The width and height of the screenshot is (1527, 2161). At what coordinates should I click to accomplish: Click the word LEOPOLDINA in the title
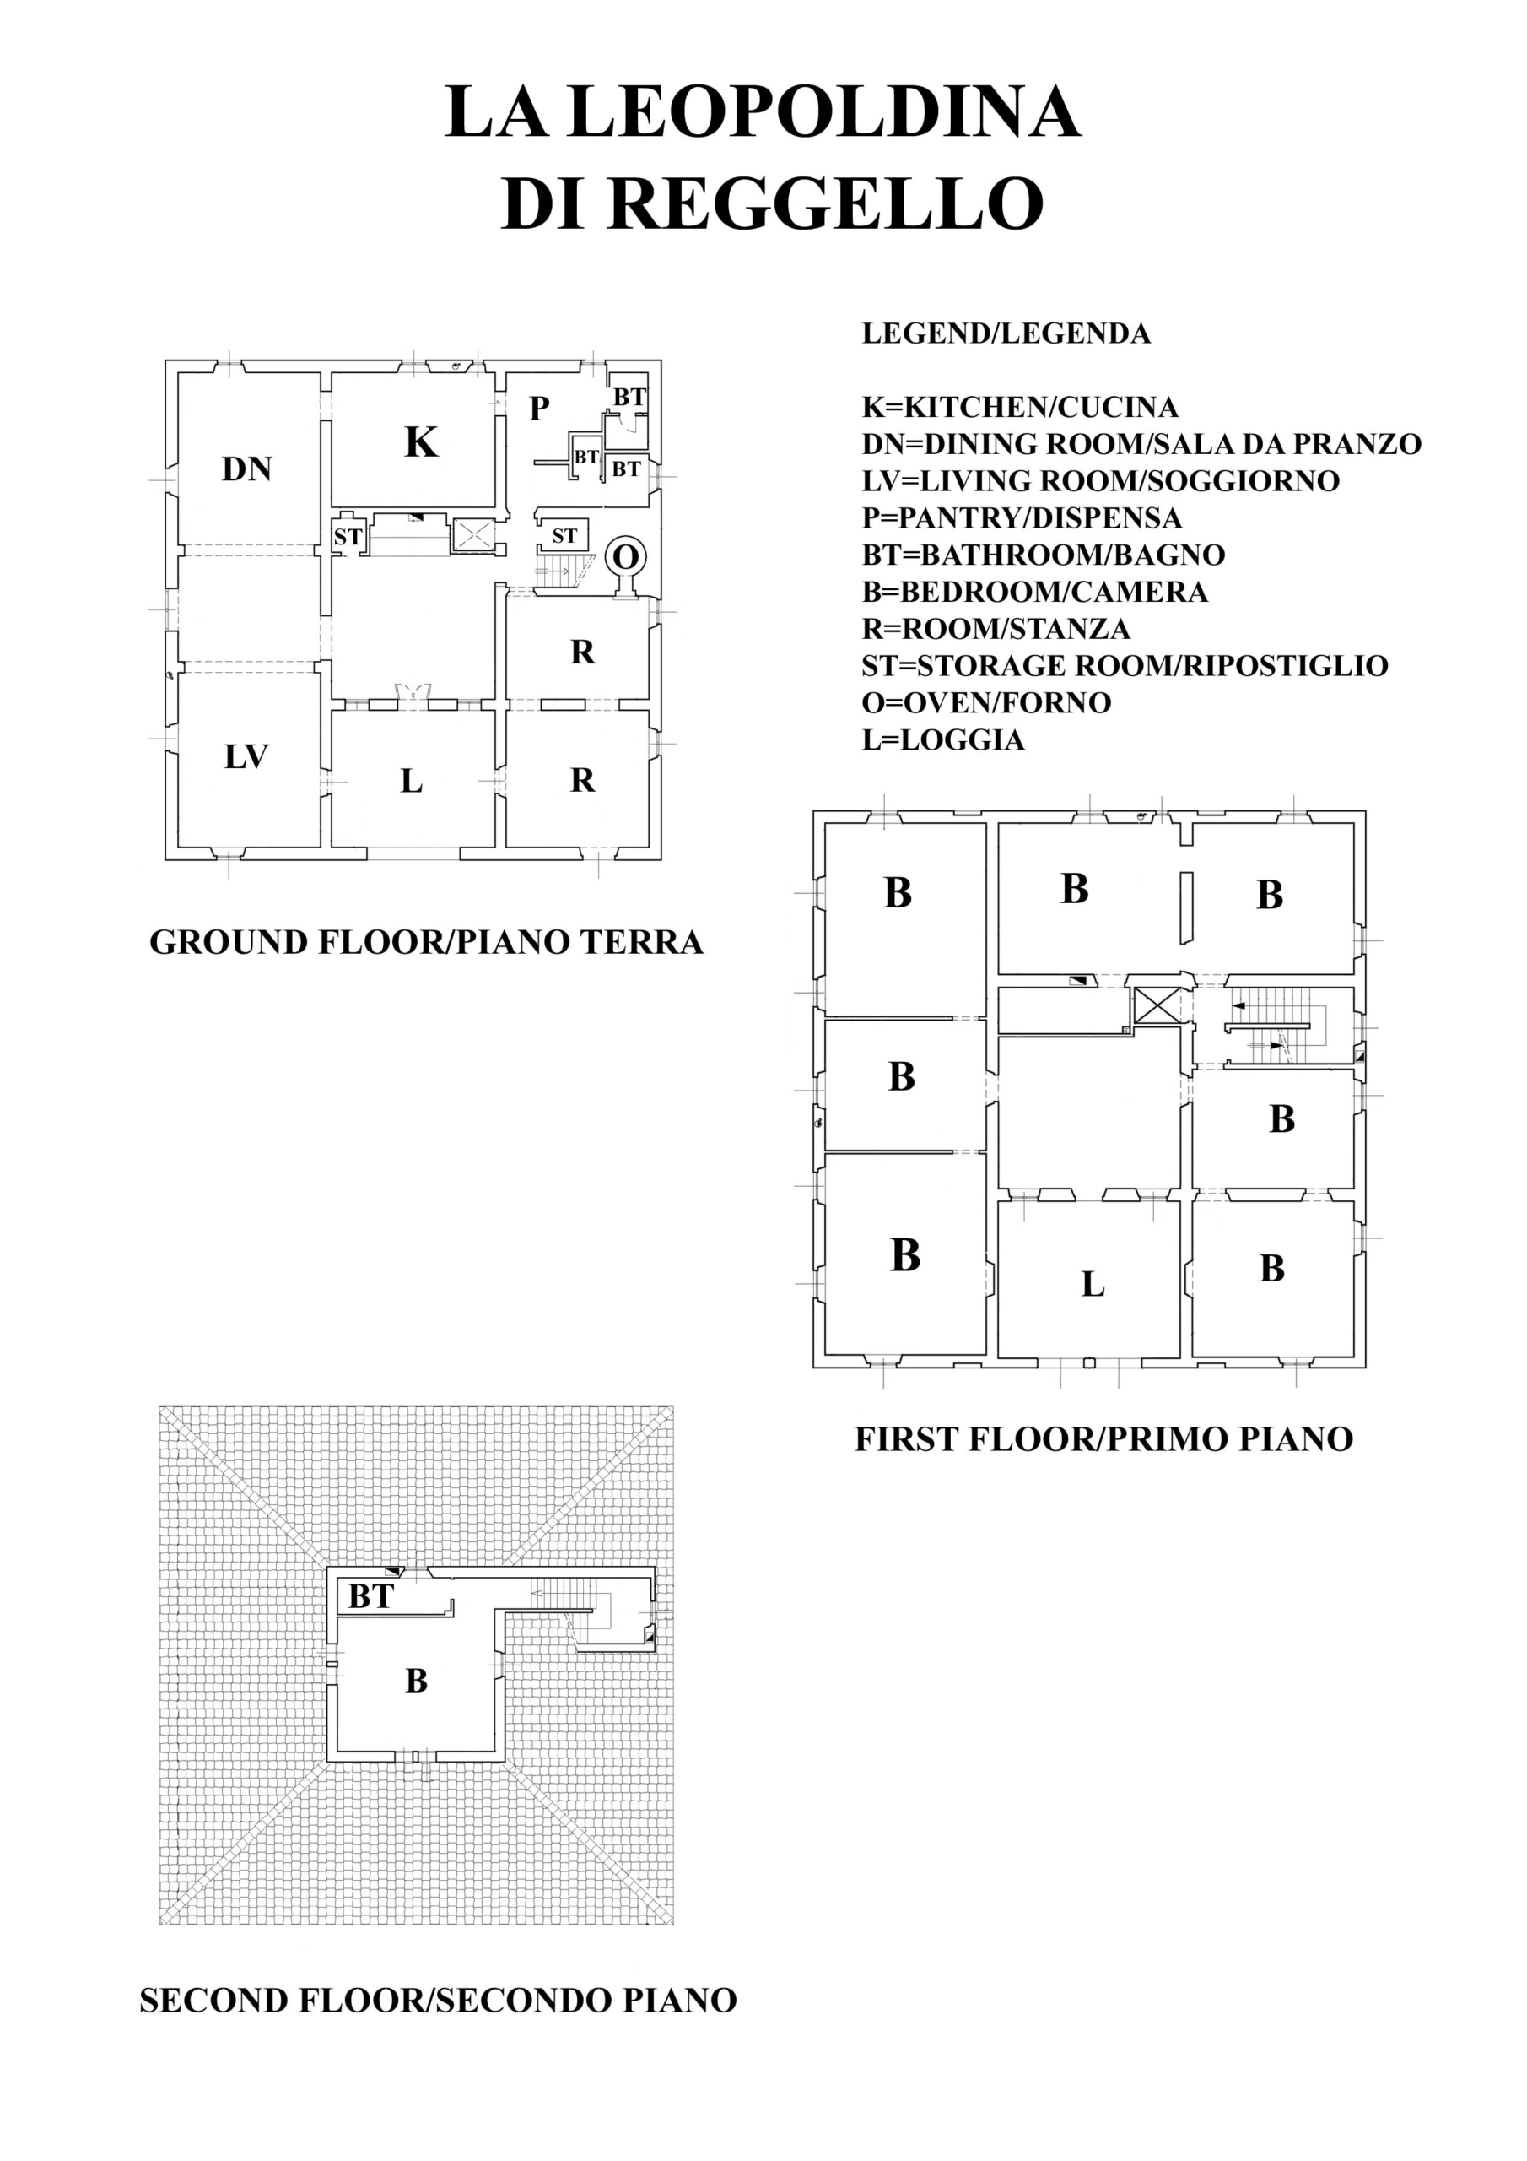pos(825,112)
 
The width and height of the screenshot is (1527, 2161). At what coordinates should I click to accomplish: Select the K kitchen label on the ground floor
pos(421,441)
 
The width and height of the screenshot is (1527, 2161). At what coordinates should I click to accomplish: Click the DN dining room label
pos(246,468)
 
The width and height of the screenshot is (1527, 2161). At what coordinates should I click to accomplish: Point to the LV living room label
pos(246,756)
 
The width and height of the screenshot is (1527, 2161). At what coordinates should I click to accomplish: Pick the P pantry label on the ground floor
pos(538,409)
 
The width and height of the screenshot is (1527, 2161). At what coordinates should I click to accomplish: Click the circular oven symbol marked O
pos(626,557)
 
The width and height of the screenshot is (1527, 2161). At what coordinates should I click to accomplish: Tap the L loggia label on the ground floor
pos(411,781)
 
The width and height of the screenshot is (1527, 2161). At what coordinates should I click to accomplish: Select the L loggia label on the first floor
pos(1093,1284)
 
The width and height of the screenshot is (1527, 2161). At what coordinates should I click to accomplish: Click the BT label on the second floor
pos(370,1596)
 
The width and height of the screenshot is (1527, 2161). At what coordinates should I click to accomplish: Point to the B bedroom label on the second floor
pos(416,1680)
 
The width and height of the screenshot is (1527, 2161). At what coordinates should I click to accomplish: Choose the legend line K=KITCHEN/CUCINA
pos(1020,408)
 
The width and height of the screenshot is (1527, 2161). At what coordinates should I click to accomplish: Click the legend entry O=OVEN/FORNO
pos(986,702)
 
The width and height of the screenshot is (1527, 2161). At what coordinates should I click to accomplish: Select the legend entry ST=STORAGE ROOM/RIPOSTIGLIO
pos(1125,665)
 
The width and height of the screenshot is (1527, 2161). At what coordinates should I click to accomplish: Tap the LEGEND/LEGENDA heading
pos(1006,333)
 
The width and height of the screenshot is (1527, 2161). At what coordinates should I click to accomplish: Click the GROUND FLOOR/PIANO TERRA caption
pos(426,942)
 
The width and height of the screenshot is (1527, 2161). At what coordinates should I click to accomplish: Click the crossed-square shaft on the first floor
pos(1157,1006)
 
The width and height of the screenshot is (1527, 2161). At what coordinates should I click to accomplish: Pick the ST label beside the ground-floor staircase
pos(564,535)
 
